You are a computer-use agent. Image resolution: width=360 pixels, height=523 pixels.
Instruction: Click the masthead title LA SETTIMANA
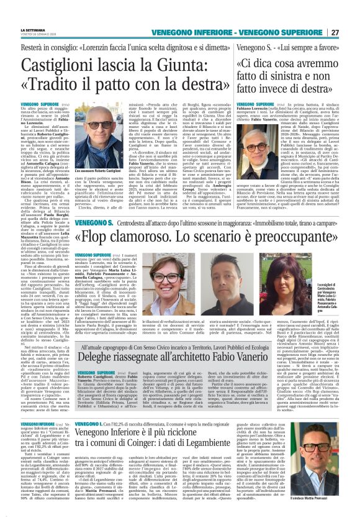(33, 29)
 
